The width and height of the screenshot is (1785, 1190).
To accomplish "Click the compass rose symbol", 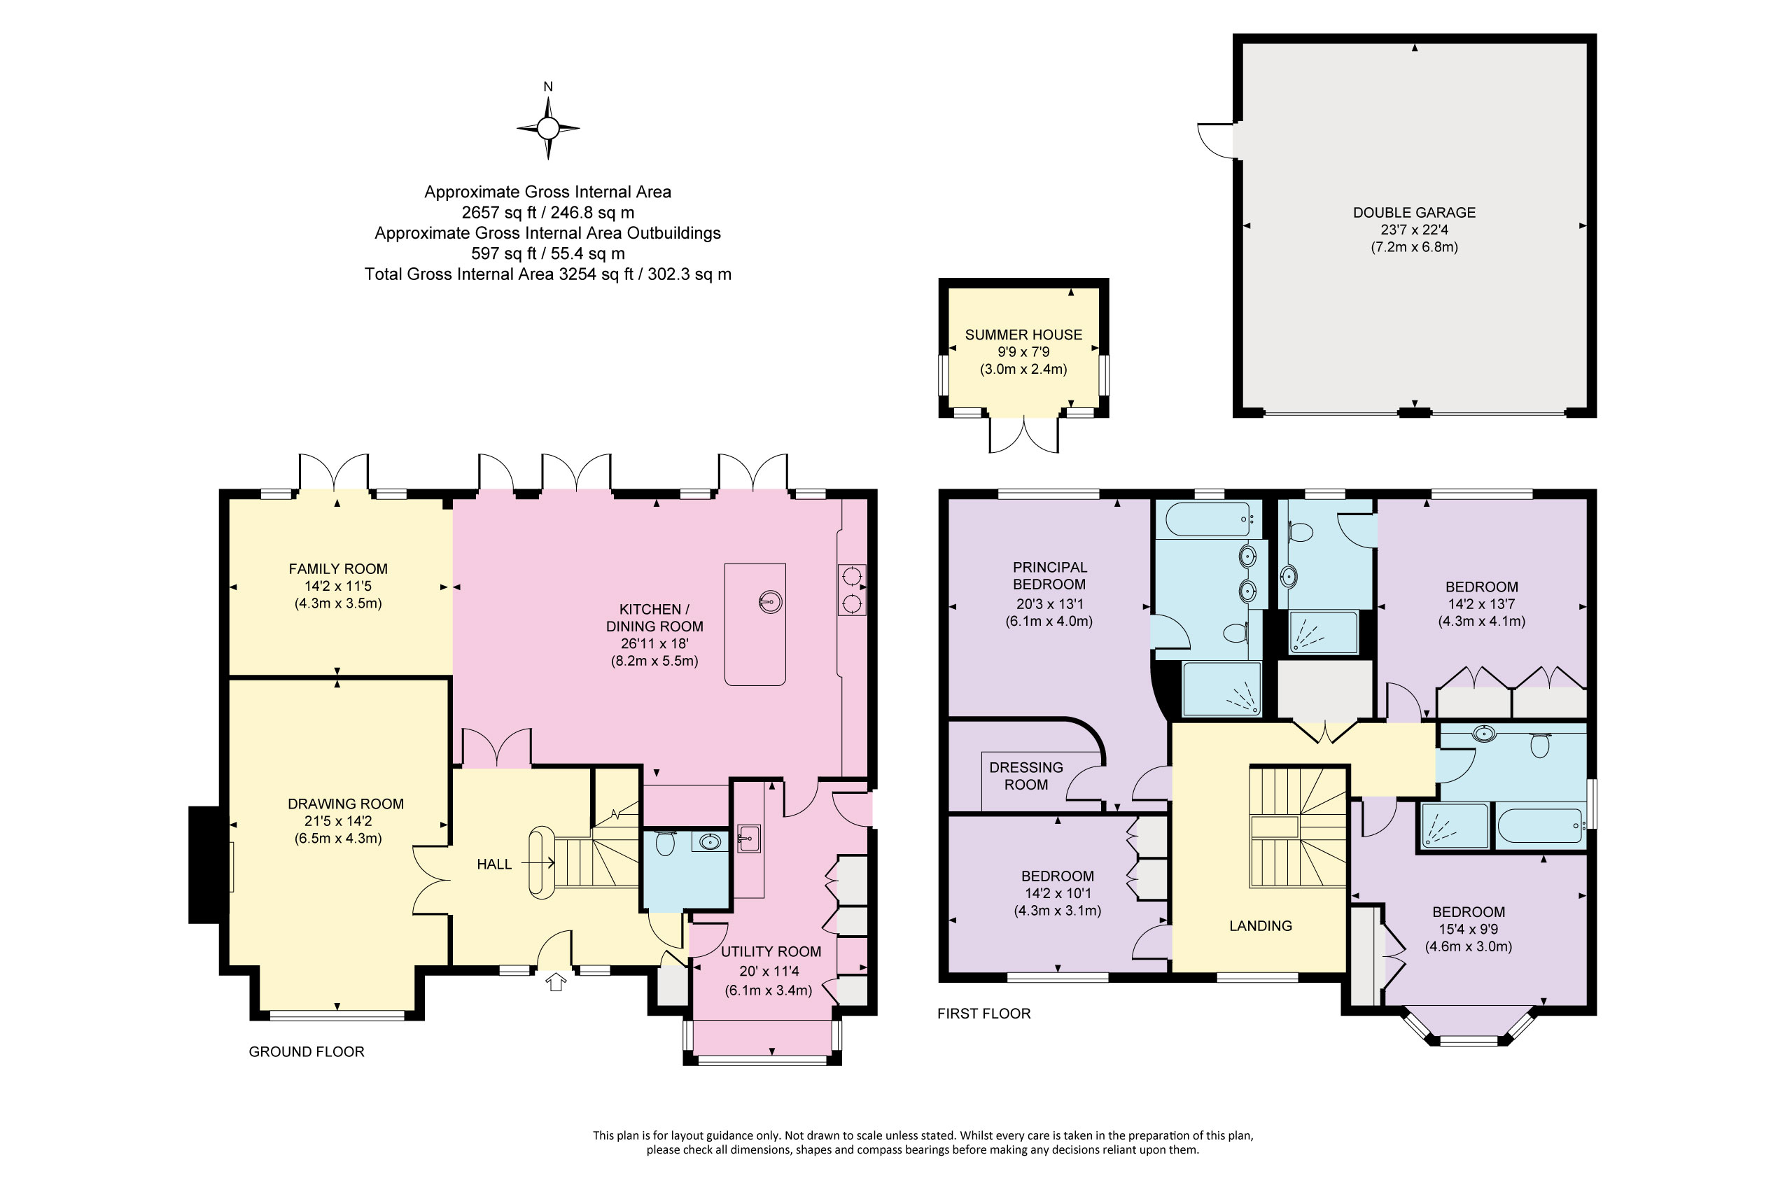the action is pos(548,128).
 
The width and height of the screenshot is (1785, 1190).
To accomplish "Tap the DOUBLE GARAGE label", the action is pos(1414,213).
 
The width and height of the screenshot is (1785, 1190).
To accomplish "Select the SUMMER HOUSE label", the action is pos(1023,335).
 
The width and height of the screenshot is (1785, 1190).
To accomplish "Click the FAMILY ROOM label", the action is pos(337,568).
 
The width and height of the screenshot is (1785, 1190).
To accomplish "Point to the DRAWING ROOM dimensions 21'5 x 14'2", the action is pos(337,820).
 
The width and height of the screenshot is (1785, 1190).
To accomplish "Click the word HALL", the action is pos(494,864).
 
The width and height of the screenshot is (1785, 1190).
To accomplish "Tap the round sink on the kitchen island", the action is pos(769,603).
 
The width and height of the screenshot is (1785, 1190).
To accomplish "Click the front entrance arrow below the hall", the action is pos(556,982).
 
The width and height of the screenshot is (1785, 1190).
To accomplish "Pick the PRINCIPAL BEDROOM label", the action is pos(1049,575).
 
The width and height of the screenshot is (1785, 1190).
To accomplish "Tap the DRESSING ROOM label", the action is pos(1026,776).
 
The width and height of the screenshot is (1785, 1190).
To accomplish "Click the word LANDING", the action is pos(1260,926).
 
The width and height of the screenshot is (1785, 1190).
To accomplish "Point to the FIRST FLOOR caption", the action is pos(983,1013).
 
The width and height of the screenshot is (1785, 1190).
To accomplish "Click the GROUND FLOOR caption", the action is pos(307,1051).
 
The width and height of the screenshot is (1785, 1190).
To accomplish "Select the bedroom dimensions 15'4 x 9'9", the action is pos(1468,929).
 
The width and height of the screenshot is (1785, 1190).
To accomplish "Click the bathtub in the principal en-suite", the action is pos(1208,519).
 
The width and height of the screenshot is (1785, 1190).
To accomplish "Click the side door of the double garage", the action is pos(1217,141).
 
